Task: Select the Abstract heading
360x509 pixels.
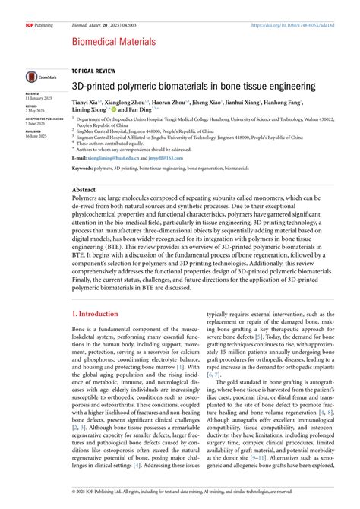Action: point(84,188)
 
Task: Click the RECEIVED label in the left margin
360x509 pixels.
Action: point(33,93)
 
